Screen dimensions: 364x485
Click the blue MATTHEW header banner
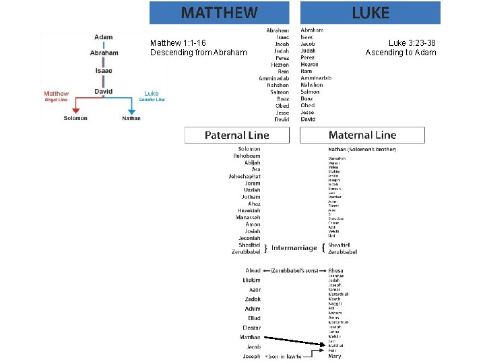tap(219, 12)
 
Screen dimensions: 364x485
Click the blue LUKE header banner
tap(370, 12)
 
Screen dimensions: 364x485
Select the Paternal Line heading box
tap(236, 135)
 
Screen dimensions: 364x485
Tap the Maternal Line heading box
tap(362, 135)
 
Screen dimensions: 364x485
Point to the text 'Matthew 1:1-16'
tap(178, 43)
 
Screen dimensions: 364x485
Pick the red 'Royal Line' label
tap(56, 100)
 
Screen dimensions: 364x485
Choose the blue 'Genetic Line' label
tap(152, 100)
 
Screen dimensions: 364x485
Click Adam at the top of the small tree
tap(104, 37)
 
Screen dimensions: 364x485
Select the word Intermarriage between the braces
tap(294, 247)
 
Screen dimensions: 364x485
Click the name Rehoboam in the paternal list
tap(247, 156)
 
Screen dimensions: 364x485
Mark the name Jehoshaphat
tap(245, 176)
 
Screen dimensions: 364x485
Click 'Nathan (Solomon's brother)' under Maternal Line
tap(362, 149)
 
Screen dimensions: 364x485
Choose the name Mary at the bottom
tap(335, 356)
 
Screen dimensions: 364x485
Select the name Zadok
tap(253, 299)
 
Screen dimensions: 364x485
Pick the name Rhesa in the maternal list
tap(335, 271)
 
